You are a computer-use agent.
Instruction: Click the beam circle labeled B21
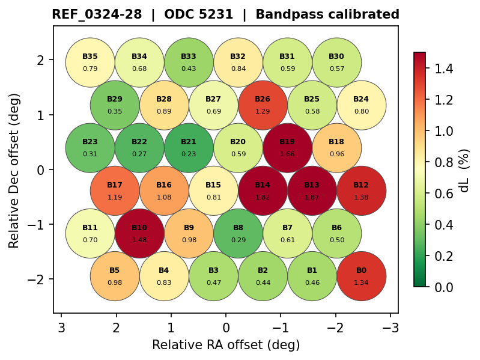[189, 147]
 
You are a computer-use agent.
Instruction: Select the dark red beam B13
[312, 191]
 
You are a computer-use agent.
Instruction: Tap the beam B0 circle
[361, 276]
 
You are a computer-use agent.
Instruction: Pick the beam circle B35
[90, 62]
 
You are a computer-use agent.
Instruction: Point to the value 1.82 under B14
[263, 197]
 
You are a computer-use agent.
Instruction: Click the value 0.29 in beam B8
[238, 240]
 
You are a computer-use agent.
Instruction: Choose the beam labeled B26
[263, 105]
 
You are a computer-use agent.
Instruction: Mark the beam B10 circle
[139, 233]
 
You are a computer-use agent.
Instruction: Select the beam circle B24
[361, 105]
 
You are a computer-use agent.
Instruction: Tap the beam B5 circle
[115, 276]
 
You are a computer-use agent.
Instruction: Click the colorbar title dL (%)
[464, 170]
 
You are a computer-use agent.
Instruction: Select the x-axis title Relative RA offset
[225, 345]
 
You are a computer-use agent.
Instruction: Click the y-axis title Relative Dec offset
[14, 170]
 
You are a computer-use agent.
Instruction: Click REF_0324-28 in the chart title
[97, 14]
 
